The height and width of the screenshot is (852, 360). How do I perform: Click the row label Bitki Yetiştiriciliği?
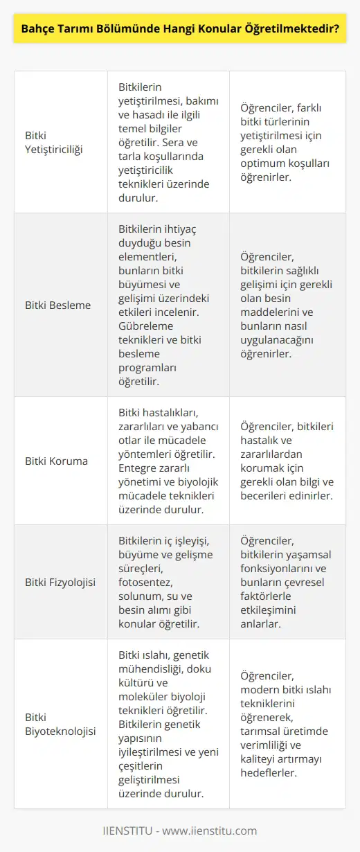point(53,142)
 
